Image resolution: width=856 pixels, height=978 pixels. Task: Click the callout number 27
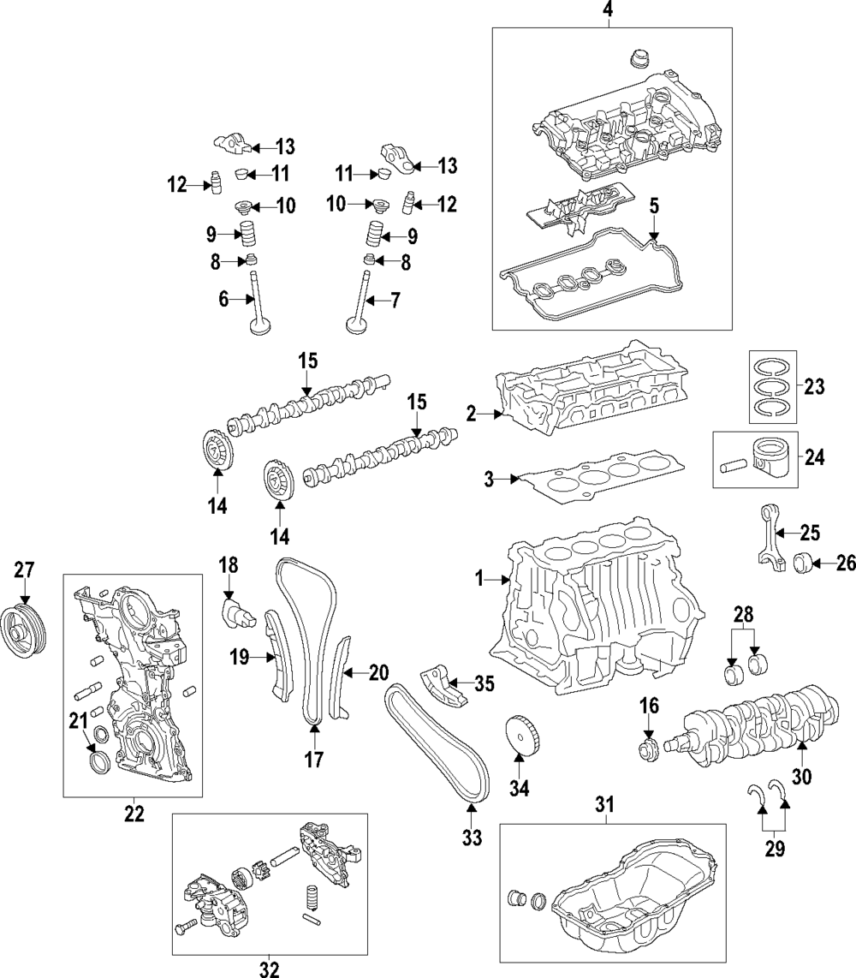[x=23, y=570]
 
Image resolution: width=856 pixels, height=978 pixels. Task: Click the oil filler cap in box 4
[x=637, y=61]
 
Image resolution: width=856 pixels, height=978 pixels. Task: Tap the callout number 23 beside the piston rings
[x=814, y=386]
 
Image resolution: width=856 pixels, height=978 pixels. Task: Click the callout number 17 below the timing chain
[x=314, y=759]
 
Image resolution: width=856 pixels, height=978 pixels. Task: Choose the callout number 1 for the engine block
[x=480, y=580]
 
